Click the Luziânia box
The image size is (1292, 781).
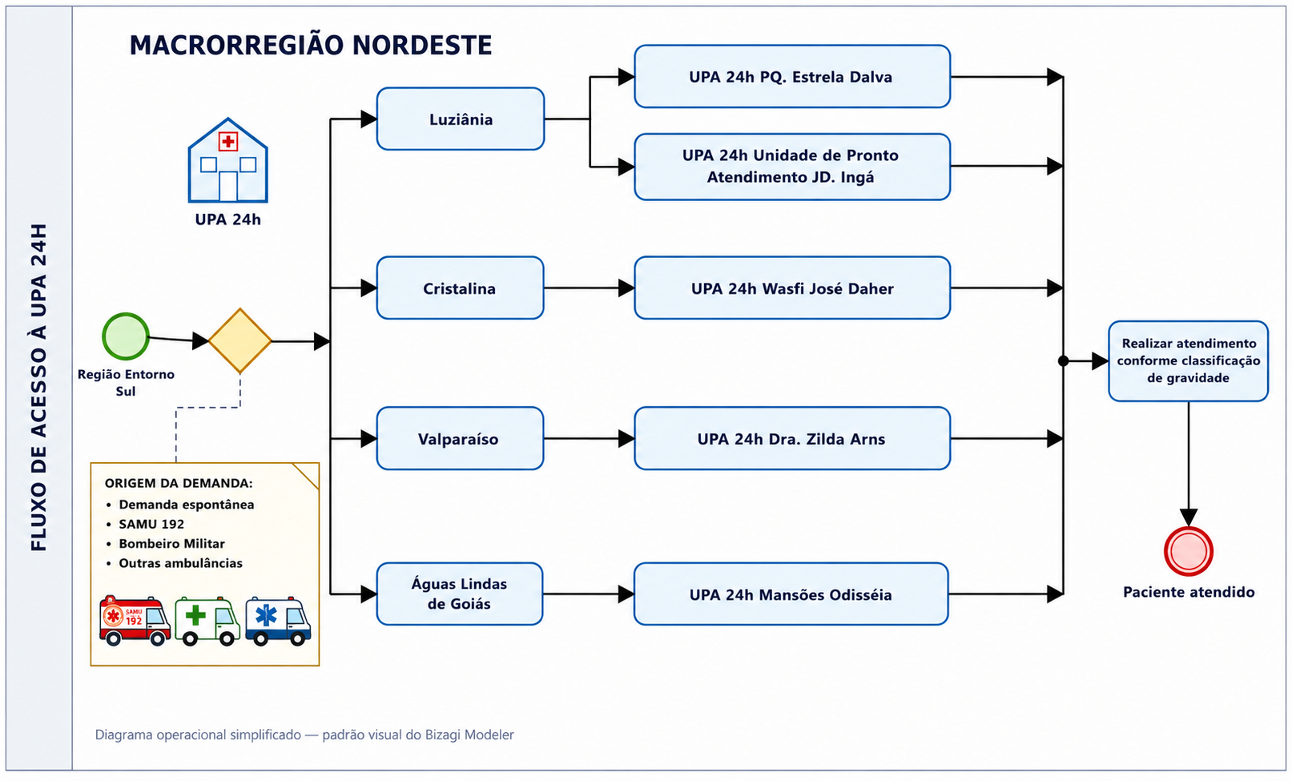pyautogui.click(x=461, y=119)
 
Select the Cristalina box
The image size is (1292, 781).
pyautogui.click(x=461, y=288)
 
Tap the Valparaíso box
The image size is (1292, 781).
pyautogui.click(x=461, y=438)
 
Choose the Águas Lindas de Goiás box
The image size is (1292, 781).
pyautogui.click(x=460, y=594)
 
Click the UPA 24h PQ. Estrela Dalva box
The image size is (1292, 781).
pyautogui.click(x=792, y=76)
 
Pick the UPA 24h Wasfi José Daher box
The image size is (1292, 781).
pyautogui.click(x=792, y=288)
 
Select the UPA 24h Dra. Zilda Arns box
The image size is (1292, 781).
pyautogui.click(x=792, y=438)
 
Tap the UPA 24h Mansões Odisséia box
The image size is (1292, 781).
pyautogui.click(x=791, y=594)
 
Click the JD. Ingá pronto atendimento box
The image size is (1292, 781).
pyautogui.click(x=792, y=167)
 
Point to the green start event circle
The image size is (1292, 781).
pyautogui.click(x=126, y=336)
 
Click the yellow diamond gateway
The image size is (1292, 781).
pyautogui.click(x=240, y=341)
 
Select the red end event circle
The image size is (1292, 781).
pyautogui.click(x=1188, y=551)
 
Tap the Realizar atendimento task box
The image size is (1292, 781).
pyautogui.click(x=1188, y=361)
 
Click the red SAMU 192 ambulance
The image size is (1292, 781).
pyautogui.click(x=135, y=620)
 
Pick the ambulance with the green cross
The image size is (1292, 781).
pyautogui.click(x=207, y=621)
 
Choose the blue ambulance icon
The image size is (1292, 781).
pyautogui.click(x=278, y=621)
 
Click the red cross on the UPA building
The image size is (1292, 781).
pyautogui.click(x=227, y=141)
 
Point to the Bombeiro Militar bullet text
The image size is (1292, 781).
pyautogui.click(x=171, y=543)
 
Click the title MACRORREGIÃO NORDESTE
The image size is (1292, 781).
pyautogui.click(x=311, y=45)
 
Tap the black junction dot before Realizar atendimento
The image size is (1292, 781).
pyautogui.click(x=1064, y=361)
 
